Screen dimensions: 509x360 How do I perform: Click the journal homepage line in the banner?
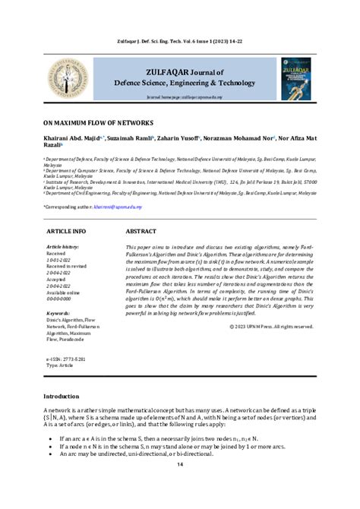(x=180, y=98)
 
